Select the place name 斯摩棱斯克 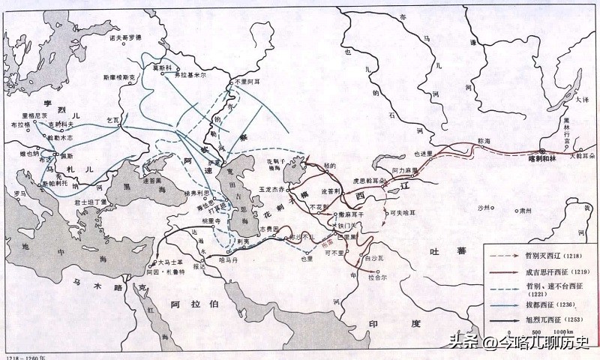point(119,76)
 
